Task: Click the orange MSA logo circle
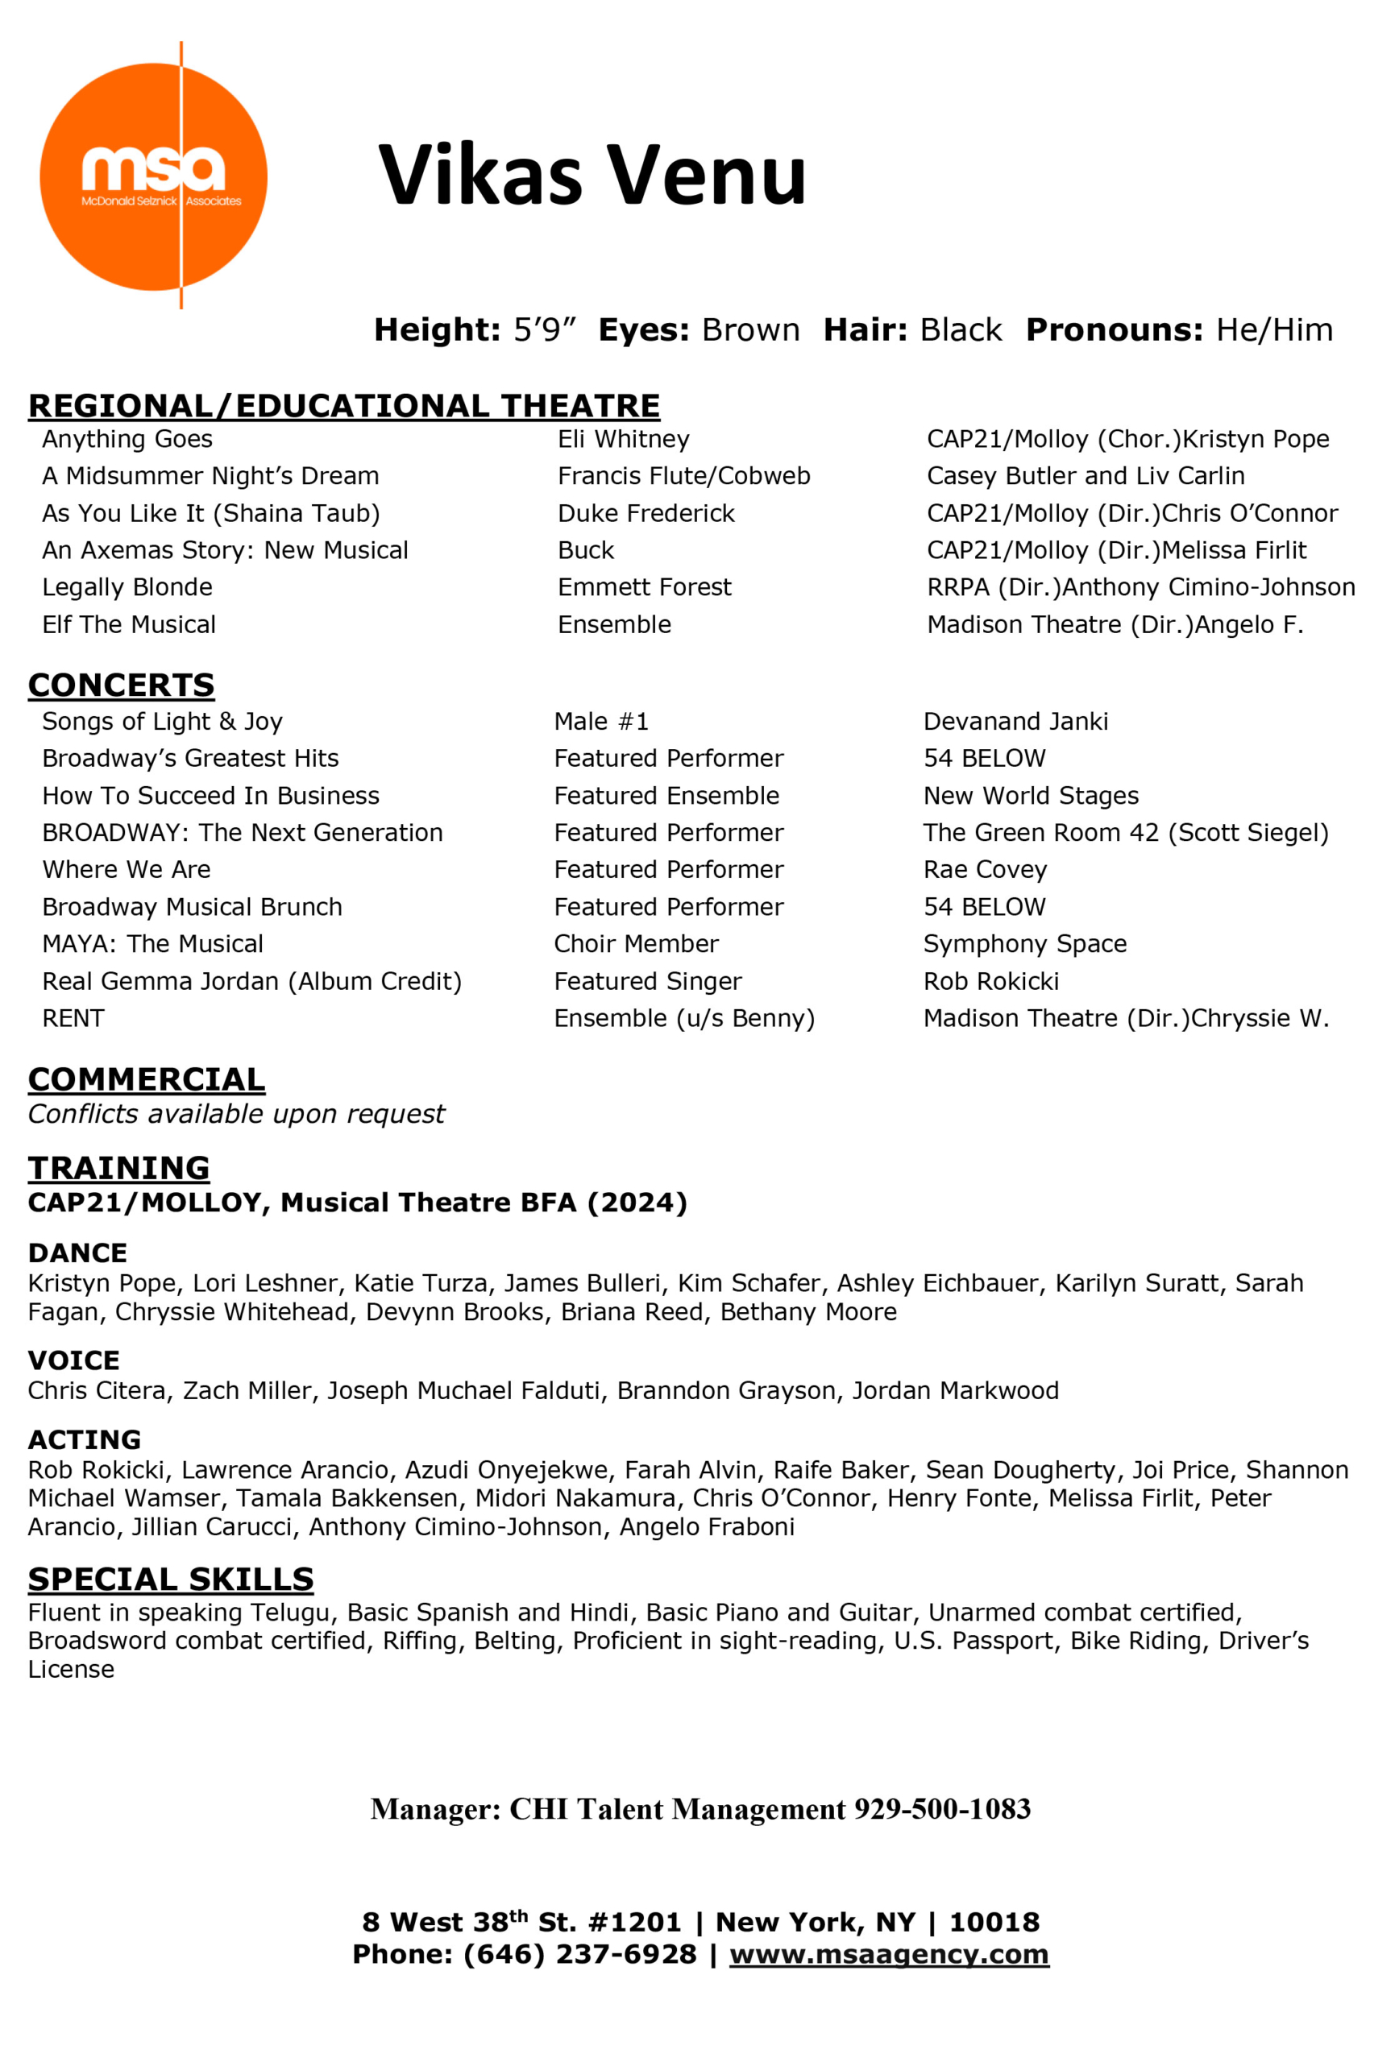click(152, 176)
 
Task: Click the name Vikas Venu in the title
click(592, 174)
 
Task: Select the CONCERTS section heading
click(121, 685)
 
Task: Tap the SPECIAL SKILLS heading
click(170, 1580)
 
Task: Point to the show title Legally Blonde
click(127, 587)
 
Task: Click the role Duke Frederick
click(646, 514)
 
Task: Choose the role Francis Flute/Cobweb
click(683, 477)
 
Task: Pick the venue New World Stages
click(1031, 796)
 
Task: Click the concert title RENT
click(73, 1019)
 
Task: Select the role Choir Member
click(636, 944)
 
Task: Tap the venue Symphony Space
click(1024, 944)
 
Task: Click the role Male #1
click(601, 722)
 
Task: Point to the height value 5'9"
click(544, 330)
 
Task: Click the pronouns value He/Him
click(1274, 330)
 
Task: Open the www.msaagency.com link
click(889, 1955)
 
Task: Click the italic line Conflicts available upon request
click(236, 1115)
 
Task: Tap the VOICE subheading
click(73, 1360)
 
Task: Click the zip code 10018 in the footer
click(994, 1923)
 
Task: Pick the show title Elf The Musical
click(129, 624)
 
